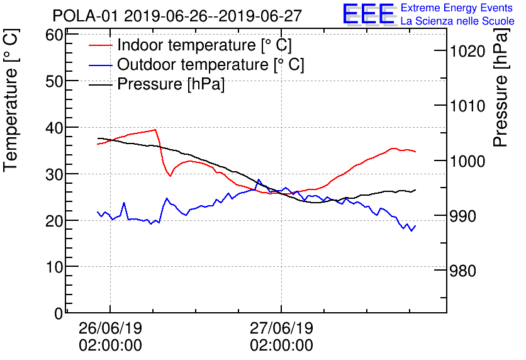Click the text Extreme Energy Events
click(457, 8)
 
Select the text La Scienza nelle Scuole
click(457, 21)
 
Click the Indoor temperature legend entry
click(204, 45)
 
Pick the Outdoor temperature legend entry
click(210, 65)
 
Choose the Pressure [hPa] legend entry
click(171, 84)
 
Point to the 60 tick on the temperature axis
click(55, 35)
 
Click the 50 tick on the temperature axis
click(55, 81)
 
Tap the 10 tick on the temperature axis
click(55, 267)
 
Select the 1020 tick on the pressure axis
click(467, 51)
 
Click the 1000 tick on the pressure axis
click(467, 161)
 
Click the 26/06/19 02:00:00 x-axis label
click(110, 337)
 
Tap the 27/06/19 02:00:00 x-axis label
click(281, 337)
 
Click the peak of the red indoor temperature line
click(155, 130)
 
